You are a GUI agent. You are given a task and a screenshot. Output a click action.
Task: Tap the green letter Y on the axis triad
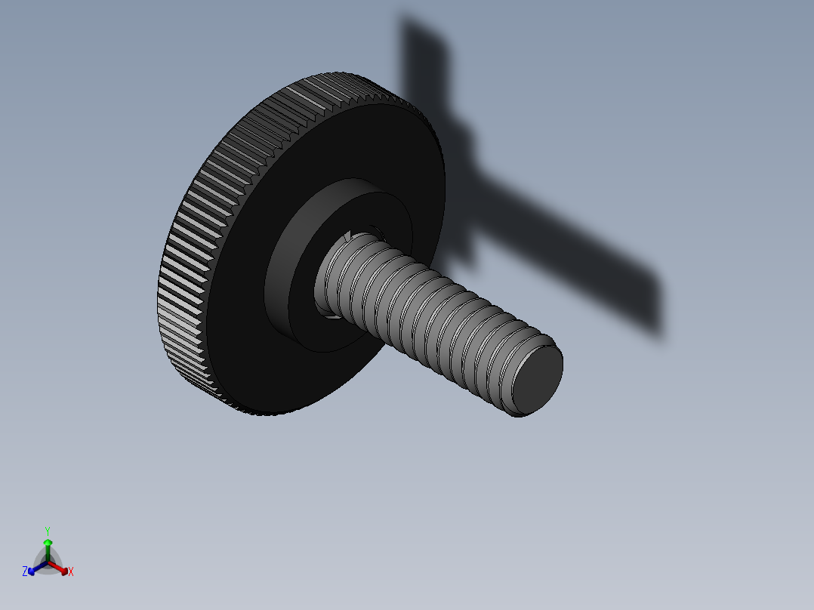47,531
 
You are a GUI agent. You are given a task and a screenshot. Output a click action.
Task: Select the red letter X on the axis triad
71,572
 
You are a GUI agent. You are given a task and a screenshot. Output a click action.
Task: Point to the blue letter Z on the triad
25,571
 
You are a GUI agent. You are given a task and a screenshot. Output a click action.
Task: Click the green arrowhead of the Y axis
48,542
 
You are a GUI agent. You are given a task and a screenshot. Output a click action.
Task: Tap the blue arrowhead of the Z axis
32,570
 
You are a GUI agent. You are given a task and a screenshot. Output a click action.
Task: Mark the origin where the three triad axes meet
48,562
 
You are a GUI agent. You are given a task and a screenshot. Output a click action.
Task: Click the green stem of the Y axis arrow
48,553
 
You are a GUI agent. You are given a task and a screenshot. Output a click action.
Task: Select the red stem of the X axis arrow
56,566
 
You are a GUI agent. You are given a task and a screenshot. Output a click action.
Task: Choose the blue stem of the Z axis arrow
40,566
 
